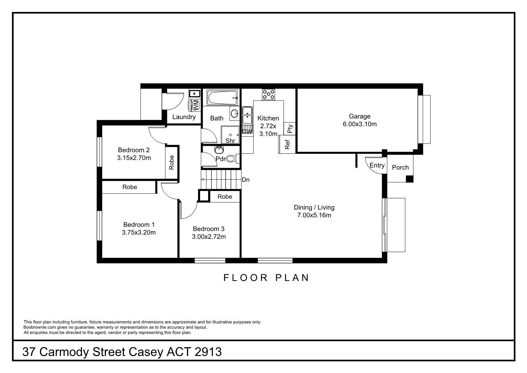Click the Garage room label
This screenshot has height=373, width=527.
359,116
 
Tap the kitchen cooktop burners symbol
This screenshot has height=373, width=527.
268,94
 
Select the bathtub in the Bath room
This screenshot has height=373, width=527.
222,98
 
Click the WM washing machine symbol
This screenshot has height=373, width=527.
195,105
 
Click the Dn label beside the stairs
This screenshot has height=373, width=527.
245,180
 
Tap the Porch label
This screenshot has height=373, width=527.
400,167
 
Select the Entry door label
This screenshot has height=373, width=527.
377,165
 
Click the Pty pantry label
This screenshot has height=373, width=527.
290,129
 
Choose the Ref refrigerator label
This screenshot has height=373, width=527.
287,144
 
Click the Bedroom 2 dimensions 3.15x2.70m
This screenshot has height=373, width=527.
134,158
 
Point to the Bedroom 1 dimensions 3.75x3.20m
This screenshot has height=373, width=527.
139,233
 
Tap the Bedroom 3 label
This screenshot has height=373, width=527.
208,229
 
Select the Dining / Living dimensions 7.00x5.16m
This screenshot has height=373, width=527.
314,215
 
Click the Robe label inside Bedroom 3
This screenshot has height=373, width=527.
225,197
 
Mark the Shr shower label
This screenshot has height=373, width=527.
230,140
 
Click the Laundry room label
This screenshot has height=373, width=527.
184,117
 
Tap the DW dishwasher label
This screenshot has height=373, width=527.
247,131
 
